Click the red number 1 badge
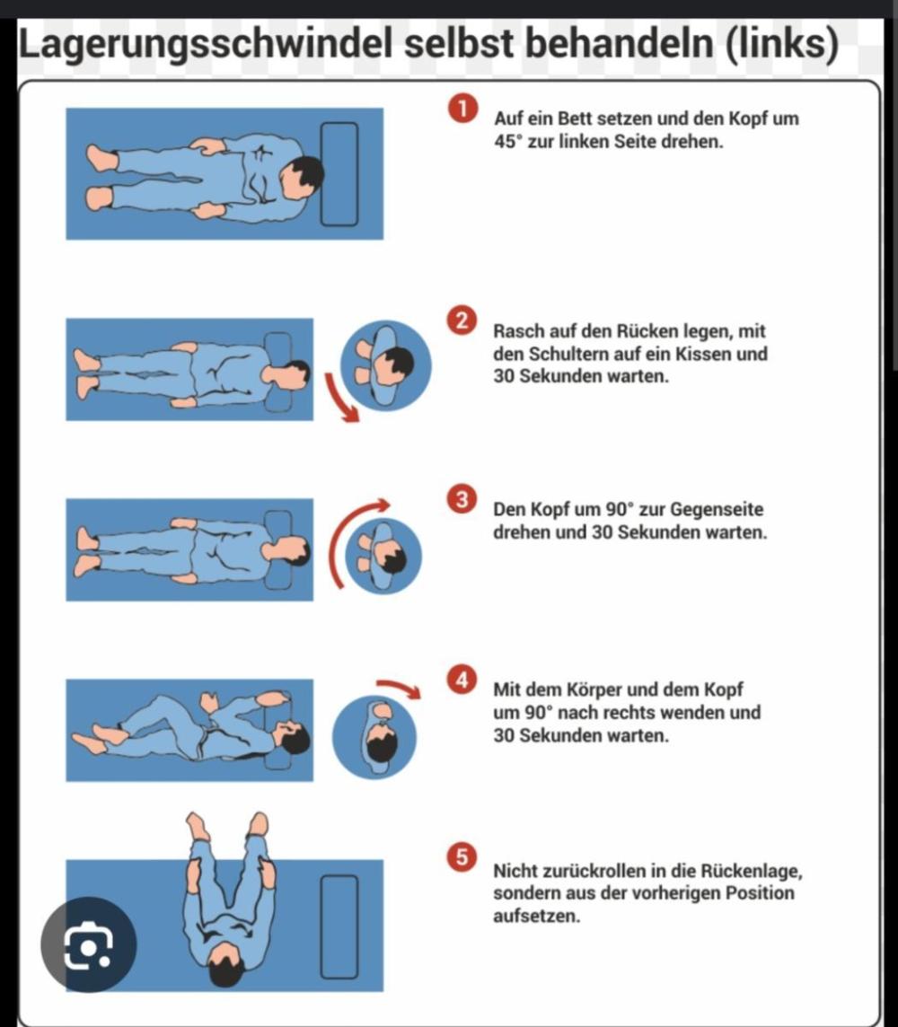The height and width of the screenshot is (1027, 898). pos(462,109)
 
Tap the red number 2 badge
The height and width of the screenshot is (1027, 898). pos(462,320)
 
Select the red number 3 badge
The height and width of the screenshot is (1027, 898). pos(462,499)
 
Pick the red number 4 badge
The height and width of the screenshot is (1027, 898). pos(462,680)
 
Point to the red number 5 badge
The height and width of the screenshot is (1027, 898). pos(462,856)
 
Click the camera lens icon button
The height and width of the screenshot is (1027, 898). pos(88,944)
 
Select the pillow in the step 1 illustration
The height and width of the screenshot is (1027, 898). pos(339,173)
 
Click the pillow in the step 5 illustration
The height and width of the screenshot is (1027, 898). pos(339,926)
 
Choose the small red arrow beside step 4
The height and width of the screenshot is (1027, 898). pos(399,688)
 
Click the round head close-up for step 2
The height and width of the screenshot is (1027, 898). pos(386,365)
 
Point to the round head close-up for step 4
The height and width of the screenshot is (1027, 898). pos(374,736)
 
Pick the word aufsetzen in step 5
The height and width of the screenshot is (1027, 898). pos(536,916)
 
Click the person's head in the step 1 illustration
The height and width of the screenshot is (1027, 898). pos(301,176)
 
